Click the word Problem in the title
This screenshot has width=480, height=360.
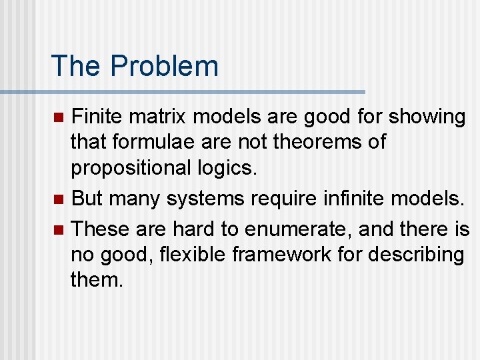point(164,66)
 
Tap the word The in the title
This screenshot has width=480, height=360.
point(78,66)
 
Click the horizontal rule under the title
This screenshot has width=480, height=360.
point(183,91)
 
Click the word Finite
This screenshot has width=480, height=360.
point(98,117)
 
